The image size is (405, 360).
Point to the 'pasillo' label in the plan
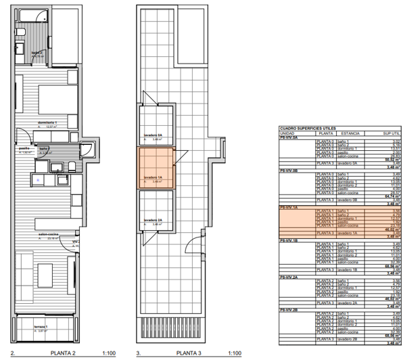(23, 148)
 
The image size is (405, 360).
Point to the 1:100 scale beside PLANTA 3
(235, 353)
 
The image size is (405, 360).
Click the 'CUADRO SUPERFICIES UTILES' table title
(308, 128)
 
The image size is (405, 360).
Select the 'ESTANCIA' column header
(351, 133)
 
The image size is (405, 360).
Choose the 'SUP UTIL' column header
(393, 133)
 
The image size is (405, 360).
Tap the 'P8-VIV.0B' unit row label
(290, 171)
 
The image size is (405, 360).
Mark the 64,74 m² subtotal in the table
(395, 196)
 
